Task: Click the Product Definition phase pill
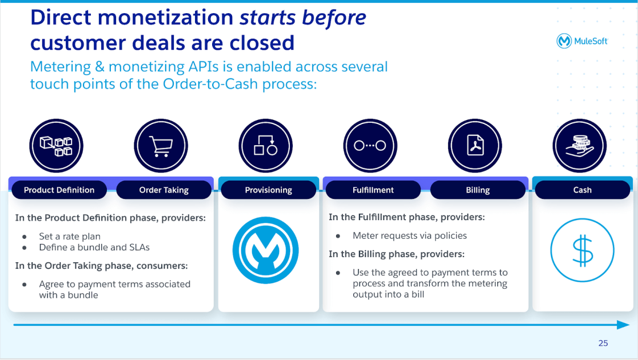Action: (x=59, y=190)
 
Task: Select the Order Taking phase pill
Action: (x=164, y=190)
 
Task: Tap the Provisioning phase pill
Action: (x=268, y=190)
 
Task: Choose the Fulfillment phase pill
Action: (x=373, y=190)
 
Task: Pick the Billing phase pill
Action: (x=477, y=190)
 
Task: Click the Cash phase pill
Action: (x=582, y=190)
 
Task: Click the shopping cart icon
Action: (x=161, y=146)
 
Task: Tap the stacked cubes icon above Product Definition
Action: (x=56, y=146)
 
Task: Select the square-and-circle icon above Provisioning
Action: (x=265, y=146)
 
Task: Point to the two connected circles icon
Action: (x=370, y=146)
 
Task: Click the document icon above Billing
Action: (x=474, y=146)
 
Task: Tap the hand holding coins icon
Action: (x=579, y=146)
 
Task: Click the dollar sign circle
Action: (x=582, y=251)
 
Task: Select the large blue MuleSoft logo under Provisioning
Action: (x=266, y=250)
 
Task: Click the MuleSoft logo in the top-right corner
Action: (x=582, y=41)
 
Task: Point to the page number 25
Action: (x=603, y=343)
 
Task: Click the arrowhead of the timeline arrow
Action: (x=623, y=325)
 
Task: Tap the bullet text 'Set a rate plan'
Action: (x=70, y=236)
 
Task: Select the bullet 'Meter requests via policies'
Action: (x=409, y=235)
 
